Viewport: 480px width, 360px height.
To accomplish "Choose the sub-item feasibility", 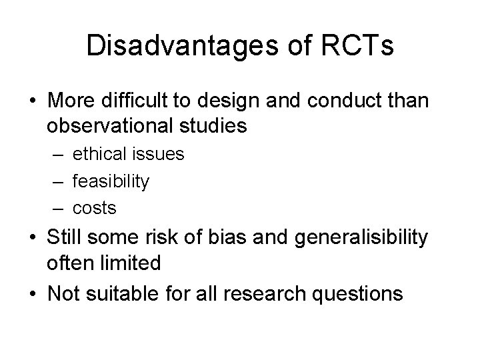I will tap(111, 181).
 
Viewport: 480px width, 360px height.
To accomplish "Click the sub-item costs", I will tap(95, 208).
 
